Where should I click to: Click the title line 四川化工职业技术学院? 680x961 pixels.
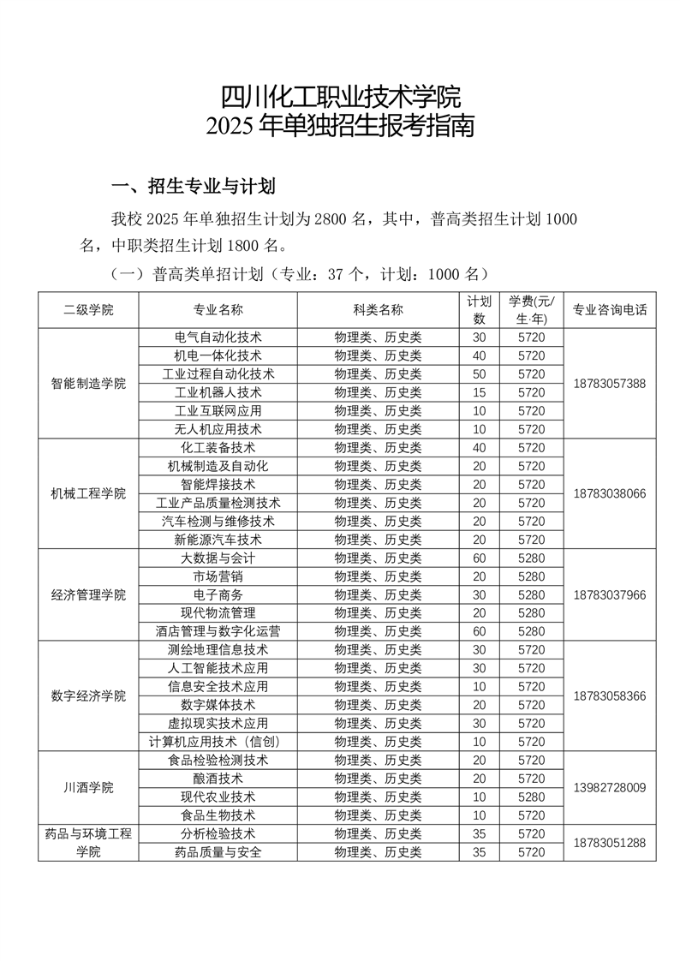coord(340,95)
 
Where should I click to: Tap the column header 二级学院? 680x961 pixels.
coord(88,309)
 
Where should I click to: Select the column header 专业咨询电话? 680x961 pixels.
coord(609,309)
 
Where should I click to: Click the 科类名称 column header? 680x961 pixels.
coord(378,309)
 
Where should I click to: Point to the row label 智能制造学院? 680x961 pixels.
coord(88,383)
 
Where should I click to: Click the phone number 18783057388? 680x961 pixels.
coord(610,383)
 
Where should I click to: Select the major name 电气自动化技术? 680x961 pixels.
coord(218,337)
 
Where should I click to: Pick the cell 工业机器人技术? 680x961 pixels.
coord(218,392)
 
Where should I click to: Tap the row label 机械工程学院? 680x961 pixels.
coord(88,493)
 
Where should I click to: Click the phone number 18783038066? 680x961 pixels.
coord(610,493)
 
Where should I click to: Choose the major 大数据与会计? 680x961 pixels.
coord(218,558)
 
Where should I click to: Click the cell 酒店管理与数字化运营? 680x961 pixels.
coord(218,631)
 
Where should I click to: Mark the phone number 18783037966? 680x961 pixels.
coord(610,594)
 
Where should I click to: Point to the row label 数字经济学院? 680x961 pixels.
coord(88,695)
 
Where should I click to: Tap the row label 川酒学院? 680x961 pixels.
coord(88,787)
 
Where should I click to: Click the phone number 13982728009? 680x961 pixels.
coord(610,787)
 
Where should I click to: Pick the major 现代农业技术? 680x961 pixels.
coord(218,797)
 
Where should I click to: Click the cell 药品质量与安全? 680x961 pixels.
coord(218,852)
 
